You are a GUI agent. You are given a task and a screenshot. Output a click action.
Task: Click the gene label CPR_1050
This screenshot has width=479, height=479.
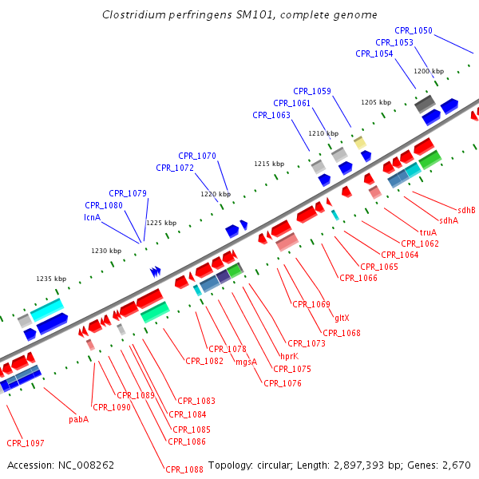[413, 31]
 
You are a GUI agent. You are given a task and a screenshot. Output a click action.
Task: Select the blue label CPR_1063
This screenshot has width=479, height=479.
[271, 115]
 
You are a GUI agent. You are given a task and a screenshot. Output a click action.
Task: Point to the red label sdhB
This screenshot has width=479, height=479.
[466, 210]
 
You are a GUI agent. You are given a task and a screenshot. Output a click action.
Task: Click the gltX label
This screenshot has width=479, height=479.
[342, 317]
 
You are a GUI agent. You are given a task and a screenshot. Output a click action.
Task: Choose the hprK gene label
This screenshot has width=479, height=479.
[289, 357]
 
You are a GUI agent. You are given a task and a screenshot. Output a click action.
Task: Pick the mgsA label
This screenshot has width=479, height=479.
[247, 362]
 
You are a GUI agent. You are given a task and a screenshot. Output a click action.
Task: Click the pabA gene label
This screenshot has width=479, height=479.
[78, 419]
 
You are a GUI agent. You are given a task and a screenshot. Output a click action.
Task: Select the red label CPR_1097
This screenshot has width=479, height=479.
[26, 443]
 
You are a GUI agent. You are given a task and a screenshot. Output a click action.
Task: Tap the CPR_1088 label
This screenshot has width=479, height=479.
[184, 469]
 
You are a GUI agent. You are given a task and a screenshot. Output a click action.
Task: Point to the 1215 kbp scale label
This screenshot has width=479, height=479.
[269, 164]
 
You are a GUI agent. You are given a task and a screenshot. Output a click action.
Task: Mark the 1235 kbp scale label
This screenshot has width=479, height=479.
[50, 279]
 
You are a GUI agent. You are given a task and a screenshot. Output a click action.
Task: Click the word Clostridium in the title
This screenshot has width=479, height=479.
[132, 15]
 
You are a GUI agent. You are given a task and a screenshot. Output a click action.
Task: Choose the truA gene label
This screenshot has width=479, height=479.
[428, 232]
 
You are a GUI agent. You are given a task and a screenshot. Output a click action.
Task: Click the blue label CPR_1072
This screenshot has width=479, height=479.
[175, 168]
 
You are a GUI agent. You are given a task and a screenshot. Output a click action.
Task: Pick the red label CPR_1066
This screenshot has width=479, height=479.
[358, 278]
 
